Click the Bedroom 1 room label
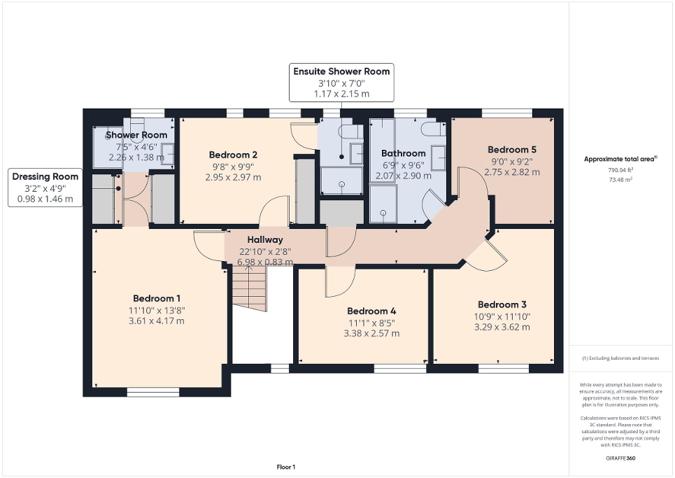coord(157,298)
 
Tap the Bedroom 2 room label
coord(233,155)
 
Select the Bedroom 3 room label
coord(502,304)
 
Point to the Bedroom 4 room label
coord(371,311)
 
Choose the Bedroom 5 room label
coord(512,150)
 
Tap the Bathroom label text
coord(403,153)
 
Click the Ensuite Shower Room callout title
coord(341,71)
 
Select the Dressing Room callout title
coord(45,176)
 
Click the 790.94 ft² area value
coord(620,170)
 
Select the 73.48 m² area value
coord(620,179)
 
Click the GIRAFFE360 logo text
coord(620,458)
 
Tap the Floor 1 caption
coord(285,467)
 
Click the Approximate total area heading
coord(620,159)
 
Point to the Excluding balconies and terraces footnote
coord(620,358)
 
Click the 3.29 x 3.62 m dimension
coord(502,326)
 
